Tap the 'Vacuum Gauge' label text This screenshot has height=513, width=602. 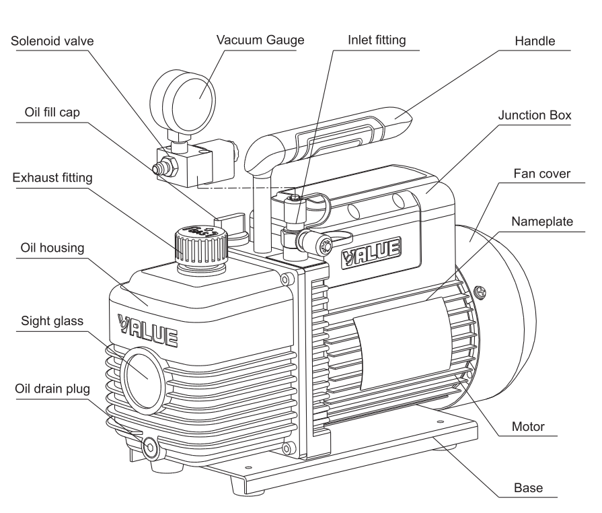pos(260,40)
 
